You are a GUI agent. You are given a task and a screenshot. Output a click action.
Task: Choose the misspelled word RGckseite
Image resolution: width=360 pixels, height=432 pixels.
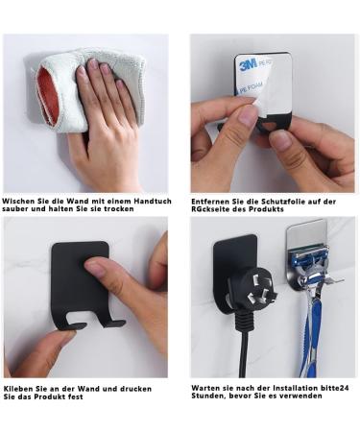[x=213, y=208]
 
